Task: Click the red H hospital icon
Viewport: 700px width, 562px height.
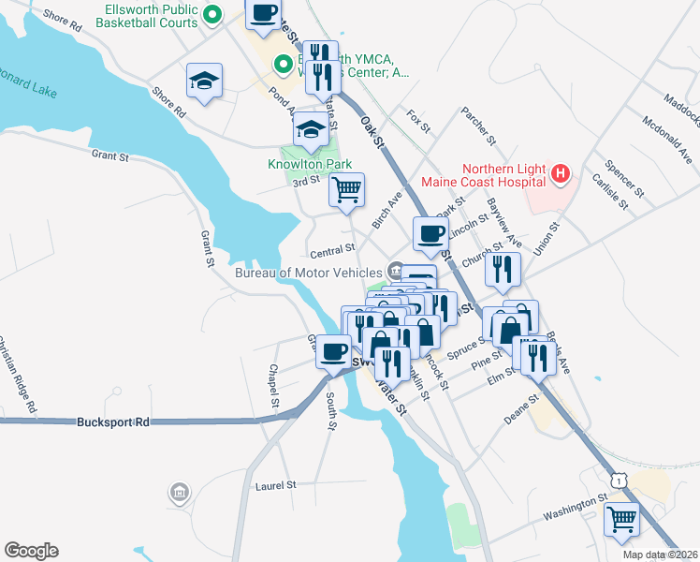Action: pos(560,172)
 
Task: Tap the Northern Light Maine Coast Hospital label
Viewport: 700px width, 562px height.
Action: pos(486,173)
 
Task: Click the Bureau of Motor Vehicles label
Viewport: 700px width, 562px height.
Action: pos(308,273)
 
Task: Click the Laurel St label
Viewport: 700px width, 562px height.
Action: pos(275,485)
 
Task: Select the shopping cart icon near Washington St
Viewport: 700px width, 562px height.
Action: pos(621,518)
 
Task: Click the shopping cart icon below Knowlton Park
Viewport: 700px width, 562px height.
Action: pos(346,189)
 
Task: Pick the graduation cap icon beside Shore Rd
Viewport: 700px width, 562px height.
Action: pos(203,80)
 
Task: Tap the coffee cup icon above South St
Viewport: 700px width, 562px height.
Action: pos(333,351)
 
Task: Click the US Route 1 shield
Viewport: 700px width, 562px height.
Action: pos(617,479)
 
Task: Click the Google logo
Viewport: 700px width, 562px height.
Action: pos(31,551)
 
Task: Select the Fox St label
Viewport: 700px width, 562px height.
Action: pos(418,120)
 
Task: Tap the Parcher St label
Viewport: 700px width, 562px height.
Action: pos(477,126)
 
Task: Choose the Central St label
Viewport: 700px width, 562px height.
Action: pos(332,250)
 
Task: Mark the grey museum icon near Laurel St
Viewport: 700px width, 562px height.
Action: pos(178,492)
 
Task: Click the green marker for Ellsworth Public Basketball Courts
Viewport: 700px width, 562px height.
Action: pos(212,14)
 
